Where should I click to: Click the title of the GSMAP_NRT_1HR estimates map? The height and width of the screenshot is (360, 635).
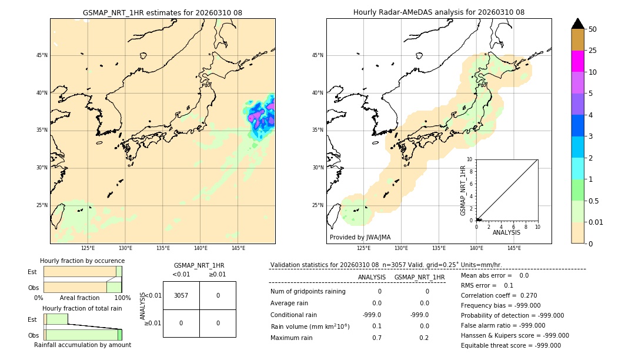(x=162, y=12)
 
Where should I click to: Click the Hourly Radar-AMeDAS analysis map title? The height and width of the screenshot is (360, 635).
(x=439, y=12)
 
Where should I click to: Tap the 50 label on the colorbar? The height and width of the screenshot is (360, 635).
(x=593, y=29)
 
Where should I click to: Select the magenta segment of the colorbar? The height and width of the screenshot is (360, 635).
(x=577, y=61)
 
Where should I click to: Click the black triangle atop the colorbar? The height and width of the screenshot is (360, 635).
(x=577, y=24)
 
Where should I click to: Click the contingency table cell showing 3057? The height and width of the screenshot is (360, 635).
(x=181, y=295)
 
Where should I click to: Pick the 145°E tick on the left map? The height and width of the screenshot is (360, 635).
(x=238, y=249)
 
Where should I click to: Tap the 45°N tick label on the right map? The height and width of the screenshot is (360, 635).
(x=317, y=56)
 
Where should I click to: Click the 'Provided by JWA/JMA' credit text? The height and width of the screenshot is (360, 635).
(x=360, y=237)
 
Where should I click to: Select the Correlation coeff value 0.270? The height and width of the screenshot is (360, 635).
(x=524, y=295)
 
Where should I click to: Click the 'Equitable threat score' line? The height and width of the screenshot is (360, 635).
(x=510, y=345)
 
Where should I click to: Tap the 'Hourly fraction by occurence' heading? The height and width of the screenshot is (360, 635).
(x=82, y=261)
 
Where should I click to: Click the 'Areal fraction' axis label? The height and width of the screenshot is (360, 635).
(x=80, y=298)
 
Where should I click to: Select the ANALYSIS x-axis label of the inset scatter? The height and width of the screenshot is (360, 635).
(x=506, y=233)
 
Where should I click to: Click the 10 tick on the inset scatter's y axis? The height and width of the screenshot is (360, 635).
(x=470, y=159)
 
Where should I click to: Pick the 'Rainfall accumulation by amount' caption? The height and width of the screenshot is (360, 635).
(x=82, y=345)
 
